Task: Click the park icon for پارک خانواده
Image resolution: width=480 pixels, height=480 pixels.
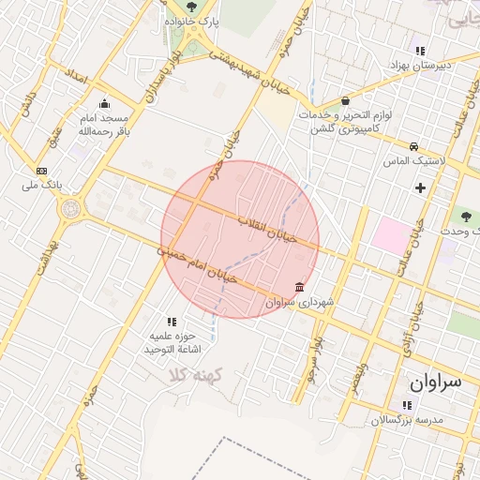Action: coord(191,7)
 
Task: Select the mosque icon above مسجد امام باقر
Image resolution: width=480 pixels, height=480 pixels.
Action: coord(103,103)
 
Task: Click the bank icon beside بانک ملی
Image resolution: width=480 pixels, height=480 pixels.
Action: coord(41,171)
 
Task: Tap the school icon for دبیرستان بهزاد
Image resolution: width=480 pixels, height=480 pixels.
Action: coord(420,51)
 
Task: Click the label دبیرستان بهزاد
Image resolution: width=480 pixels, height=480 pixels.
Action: coord(420,65)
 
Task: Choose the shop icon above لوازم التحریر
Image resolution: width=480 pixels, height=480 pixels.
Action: coord(346,100)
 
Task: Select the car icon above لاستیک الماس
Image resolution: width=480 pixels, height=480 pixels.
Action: coord(413,146)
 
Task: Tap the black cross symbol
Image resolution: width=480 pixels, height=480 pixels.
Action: coord(420,188)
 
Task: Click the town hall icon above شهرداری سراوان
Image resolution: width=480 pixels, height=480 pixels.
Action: coord(299,287)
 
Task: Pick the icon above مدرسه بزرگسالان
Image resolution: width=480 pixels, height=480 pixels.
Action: coord(406,405)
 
